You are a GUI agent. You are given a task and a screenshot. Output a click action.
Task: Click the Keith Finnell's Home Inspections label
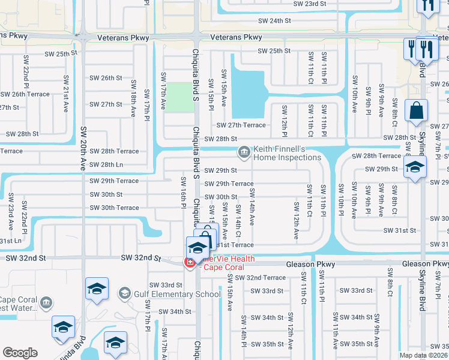(x=287, y=152)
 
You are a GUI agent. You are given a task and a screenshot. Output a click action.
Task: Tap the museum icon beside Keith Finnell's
(x=244, y=152)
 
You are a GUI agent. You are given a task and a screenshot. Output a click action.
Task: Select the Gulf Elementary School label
(x=178, y=294)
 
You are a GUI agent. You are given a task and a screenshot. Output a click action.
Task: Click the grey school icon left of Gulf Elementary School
(x=124, y=293)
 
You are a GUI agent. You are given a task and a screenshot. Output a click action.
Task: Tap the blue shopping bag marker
(x=416, y=111)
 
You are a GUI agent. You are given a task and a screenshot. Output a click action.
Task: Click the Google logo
(x=20, y=353)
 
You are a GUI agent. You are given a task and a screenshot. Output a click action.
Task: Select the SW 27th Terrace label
(x=241, y=125)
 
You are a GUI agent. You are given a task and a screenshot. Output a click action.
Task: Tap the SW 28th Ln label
(x=106, y=164)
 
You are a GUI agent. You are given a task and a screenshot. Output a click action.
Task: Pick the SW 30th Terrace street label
(x=114, y=208)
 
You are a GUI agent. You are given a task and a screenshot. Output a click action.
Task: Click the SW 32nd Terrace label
(x=260, y=278)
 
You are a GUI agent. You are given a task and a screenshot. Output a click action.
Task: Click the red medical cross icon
(x=190, y=262)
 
